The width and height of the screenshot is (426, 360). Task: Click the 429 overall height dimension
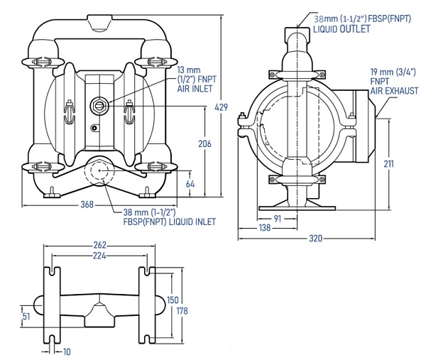point(221,107)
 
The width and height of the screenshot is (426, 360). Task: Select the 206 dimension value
point(204,143)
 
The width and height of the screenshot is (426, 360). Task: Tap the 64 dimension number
point(190,184)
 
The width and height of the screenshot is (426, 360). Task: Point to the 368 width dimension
point(87,204)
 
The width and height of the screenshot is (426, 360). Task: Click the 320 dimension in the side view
point(316,239)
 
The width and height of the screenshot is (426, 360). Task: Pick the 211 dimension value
point(388,163)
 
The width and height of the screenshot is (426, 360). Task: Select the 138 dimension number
point(265,227)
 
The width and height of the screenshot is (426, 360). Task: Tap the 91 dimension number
point(277,219)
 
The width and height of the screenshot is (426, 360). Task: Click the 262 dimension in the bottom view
point(99,245)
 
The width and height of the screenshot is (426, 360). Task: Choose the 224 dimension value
point(99,256)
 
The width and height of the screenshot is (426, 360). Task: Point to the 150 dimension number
point(173,300)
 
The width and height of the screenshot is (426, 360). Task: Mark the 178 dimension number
point(182,310)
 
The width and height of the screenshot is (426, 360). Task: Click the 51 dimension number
point(26,316)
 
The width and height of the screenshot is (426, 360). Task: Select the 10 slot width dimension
point(67,352)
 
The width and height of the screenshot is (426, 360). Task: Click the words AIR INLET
point(195,89)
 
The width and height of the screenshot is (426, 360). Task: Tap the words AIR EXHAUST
point(394,91)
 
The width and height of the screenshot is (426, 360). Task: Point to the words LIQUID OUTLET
point(342,29)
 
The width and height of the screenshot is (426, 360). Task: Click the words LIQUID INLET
point(192,222)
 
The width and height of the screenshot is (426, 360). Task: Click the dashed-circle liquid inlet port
point(99,170)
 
